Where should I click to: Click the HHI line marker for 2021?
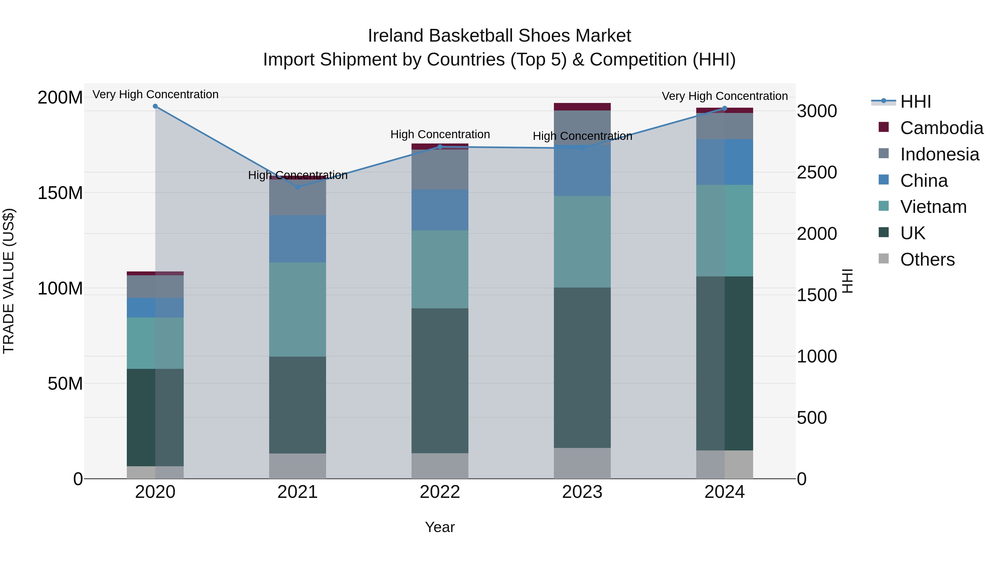click(x=297, y=187)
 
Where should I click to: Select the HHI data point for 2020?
click(x=155, y=106)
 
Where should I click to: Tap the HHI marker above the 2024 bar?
click(x=725, y=109)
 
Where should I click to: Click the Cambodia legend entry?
click(x=941, y=128)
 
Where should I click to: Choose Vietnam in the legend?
click(x=933, y=207)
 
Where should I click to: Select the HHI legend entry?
click(x=915, y=102)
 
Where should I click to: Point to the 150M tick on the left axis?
click(x=60, y=193)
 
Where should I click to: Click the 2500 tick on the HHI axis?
click(x=816, y=173)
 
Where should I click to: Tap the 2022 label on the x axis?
click(x=440, y=492)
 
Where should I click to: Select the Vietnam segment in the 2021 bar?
click(x=297, y=309)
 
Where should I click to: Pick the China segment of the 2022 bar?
click(x=440, y=210)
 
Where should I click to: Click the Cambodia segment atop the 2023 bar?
click(x=582, y=107)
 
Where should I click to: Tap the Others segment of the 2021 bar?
click(x=297, y=466)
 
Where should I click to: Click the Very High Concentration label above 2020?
click(x=155, y=94)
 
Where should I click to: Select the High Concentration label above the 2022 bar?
click(x=440, y=134)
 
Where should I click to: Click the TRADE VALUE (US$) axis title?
click(x=9, y=281)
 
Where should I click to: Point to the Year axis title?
click(x=440, y=527)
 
